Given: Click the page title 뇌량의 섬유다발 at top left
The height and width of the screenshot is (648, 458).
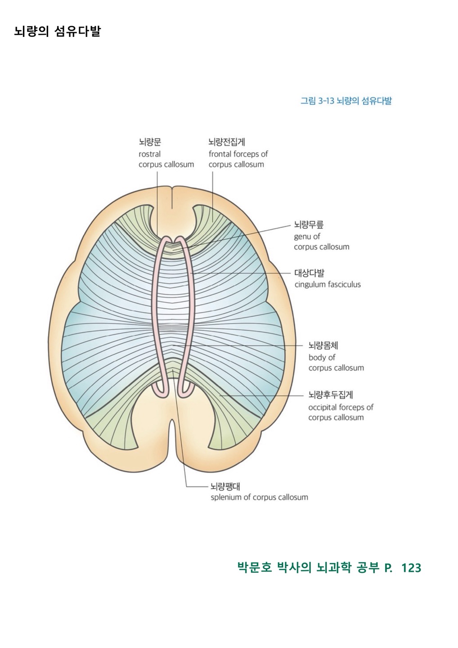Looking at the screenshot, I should [57, 31].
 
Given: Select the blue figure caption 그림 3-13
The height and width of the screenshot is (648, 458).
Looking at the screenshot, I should [346, 101].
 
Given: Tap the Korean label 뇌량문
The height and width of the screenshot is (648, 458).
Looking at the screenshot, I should [149, 142].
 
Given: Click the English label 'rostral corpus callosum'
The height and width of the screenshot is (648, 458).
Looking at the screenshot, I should [166, 159].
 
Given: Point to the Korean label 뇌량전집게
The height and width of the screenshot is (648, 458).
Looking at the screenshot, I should [226, 142].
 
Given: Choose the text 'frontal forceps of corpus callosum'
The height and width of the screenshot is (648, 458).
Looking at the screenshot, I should [238, 159].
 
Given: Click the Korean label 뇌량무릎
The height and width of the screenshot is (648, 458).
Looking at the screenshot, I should [309, 225].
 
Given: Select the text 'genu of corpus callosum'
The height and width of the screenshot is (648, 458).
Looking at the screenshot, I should [321, 242].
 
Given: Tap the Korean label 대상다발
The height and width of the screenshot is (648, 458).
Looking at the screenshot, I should [309, 273].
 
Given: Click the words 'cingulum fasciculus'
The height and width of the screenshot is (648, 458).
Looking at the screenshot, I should [328, 284].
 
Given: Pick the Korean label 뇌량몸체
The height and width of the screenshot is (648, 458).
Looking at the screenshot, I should [323, 346].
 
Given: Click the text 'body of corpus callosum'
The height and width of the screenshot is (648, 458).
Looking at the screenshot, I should [336, 363].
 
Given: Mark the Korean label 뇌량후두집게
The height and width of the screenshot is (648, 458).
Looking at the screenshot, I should [331, 395].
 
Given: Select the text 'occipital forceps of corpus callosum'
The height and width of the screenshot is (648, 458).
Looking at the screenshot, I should [341, 412].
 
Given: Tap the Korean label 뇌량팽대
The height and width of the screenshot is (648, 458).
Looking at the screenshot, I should [225, 486].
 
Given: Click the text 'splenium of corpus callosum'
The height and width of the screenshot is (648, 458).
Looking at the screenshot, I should [259, 497].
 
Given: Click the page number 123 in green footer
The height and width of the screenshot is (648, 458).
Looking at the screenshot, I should [411, 568].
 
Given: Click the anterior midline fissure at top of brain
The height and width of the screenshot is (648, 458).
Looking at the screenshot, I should [172, 198].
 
